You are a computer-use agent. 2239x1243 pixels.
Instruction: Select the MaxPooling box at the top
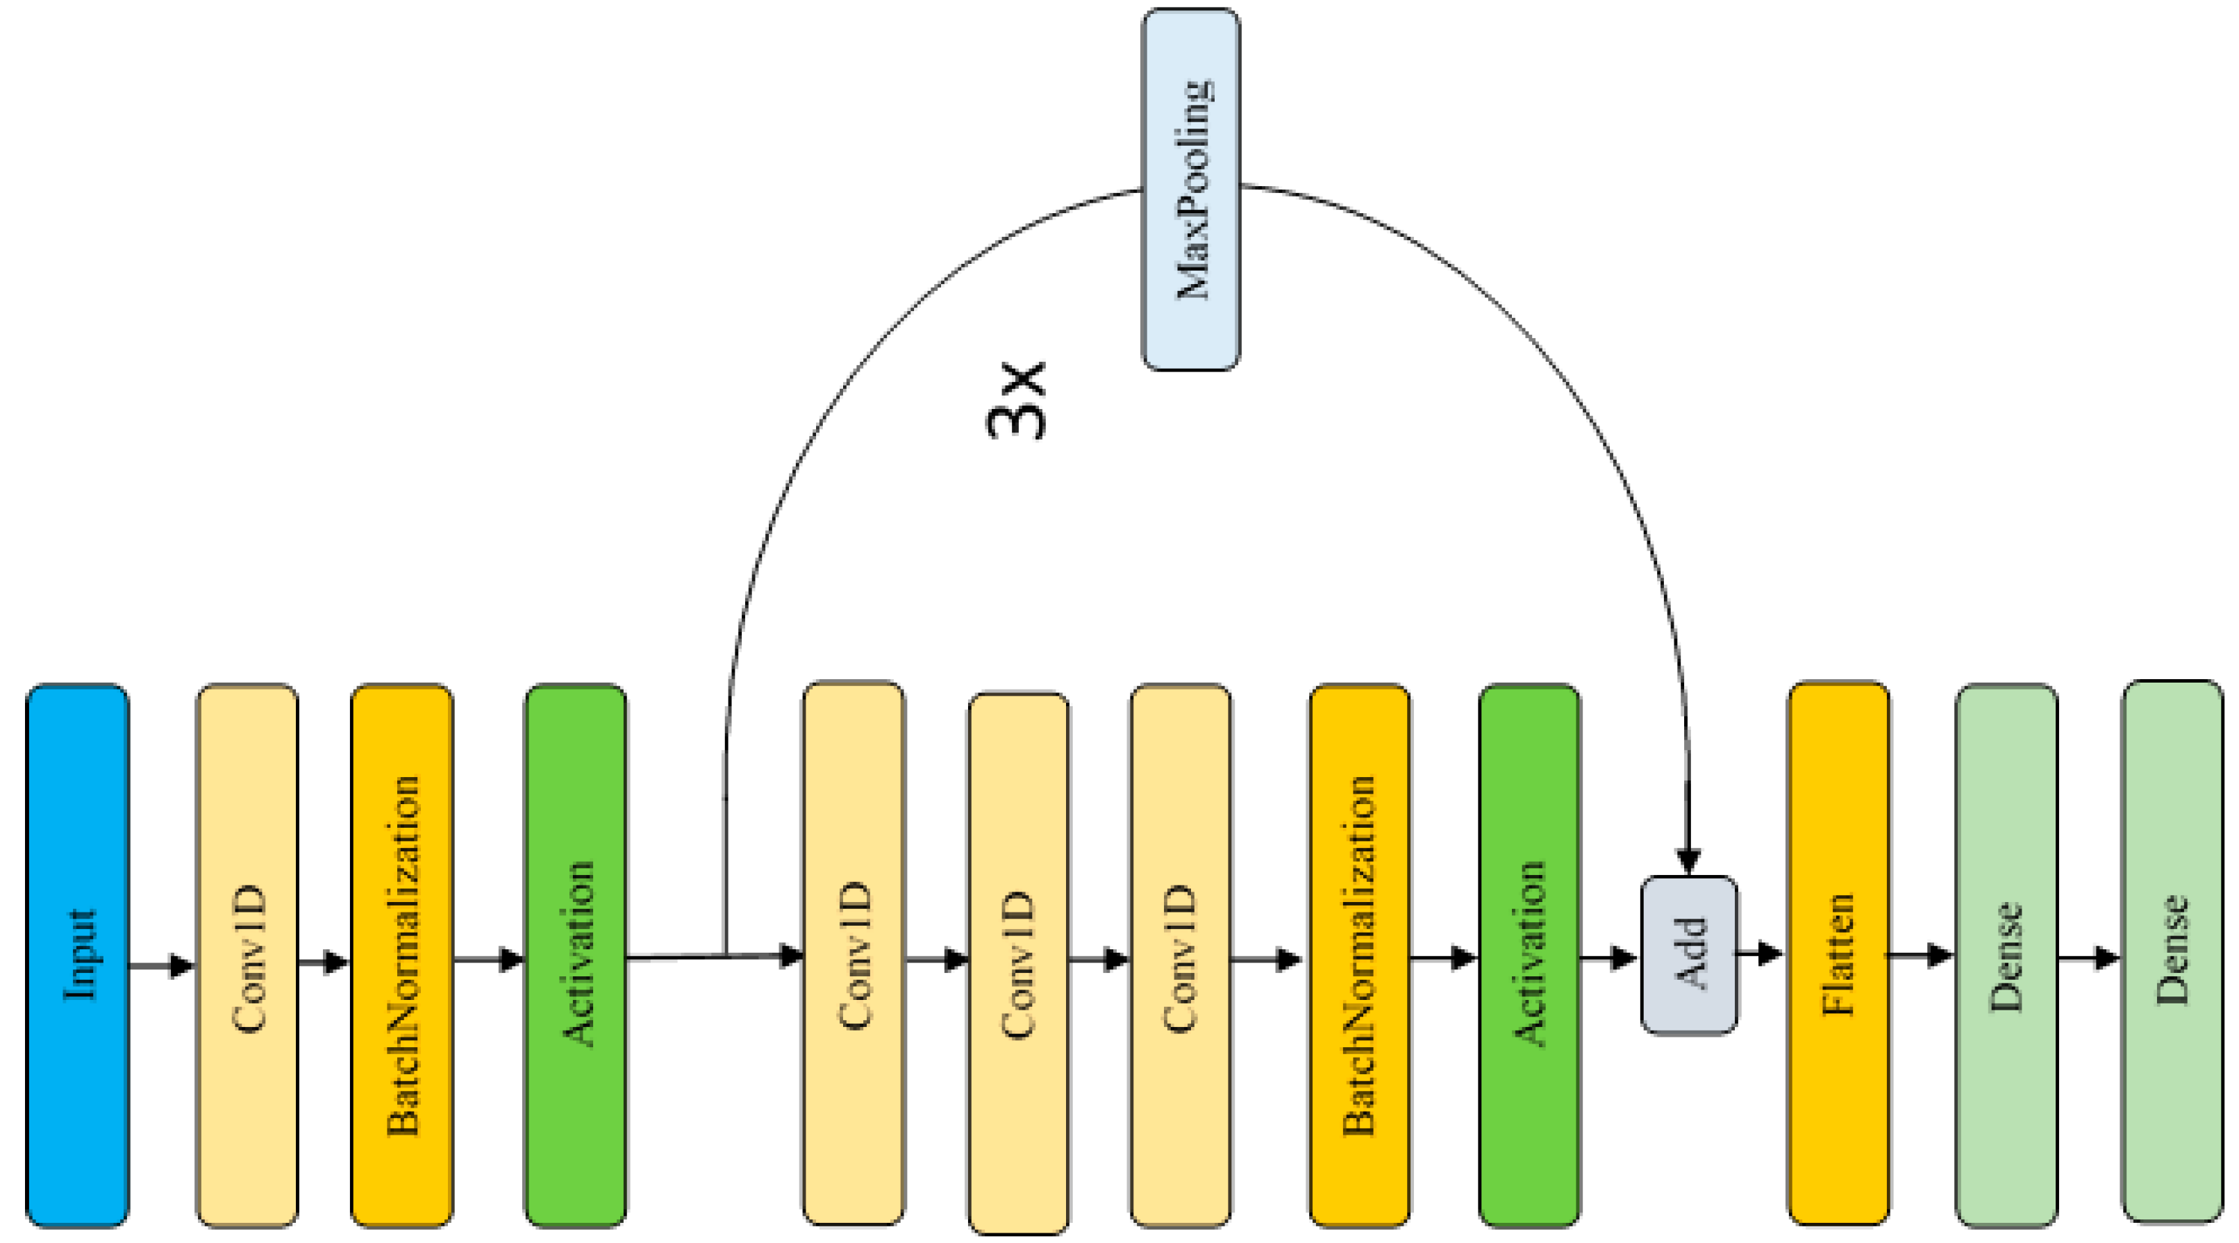pyautogui.click(x=1190, y=190)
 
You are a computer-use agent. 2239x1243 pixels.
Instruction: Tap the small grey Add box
pyautogui.click(x=1689, y=954)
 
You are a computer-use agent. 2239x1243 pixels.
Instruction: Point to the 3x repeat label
pyautogui.click(x=1017, y=401)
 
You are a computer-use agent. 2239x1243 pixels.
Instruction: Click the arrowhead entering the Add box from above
pyautogui.click(x=1688, y=860)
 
